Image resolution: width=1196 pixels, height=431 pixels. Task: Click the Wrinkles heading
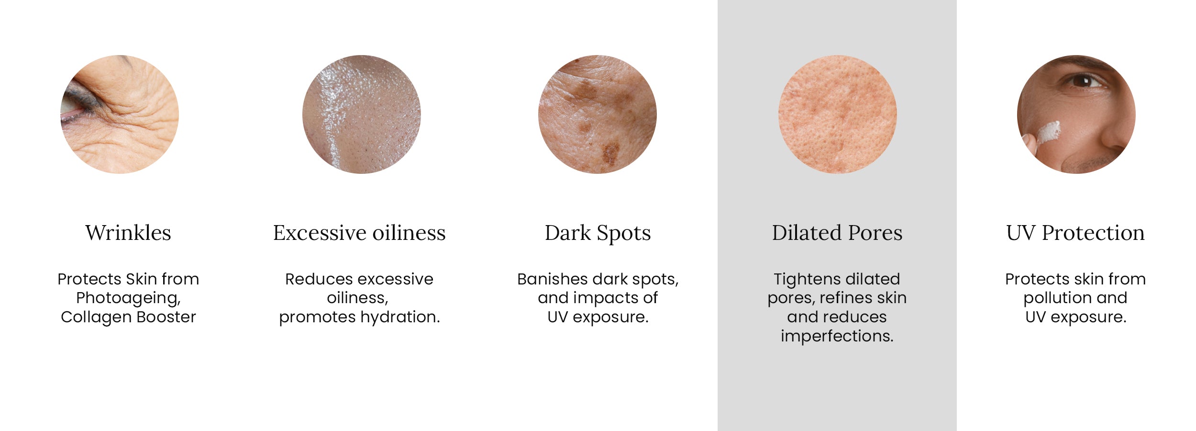128,233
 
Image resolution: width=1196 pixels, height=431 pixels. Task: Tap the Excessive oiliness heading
359,233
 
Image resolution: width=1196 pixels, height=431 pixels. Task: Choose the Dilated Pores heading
837,233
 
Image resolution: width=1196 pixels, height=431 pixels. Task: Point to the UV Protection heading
1075,233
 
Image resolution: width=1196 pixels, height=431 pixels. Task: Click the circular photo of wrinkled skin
120,114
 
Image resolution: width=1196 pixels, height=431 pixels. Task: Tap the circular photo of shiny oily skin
362,114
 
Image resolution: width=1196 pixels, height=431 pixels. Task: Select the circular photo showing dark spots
598,114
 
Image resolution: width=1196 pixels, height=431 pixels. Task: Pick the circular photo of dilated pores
838,114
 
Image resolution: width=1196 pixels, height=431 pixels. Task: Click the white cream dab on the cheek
1048,132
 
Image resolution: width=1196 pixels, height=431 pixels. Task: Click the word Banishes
553,279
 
